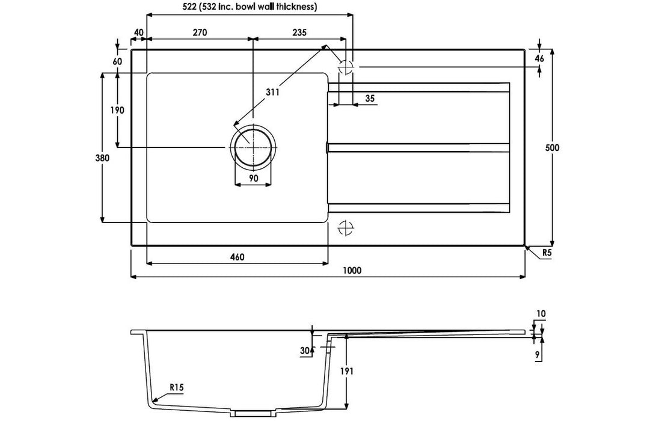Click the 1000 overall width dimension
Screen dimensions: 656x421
point(351,271)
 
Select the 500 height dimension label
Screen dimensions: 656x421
point(552,148)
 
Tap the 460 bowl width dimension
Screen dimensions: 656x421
point(237,257)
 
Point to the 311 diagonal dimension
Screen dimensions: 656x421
point(272,92)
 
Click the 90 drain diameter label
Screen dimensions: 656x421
point(253,178)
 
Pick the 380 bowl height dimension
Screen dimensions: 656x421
point(102,158)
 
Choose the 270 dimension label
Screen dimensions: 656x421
point(200,32)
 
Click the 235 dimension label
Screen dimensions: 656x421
point(299,32)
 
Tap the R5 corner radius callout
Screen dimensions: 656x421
point(547,253)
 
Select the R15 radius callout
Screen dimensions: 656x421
point(177,387)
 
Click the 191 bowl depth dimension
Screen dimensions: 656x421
point(347,371)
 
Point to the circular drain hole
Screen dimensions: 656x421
point(253,147)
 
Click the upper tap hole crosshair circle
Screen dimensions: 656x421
point(346,67)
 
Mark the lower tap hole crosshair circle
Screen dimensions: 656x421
point(346,228)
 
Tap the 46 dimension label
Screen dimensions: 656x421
point(540,58)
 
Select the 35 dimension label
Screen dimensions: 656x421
point(370,99)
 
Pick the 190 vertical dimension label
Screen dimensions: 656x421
point(117,111)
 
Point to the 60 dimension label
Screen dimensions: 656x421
point(118,61)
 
